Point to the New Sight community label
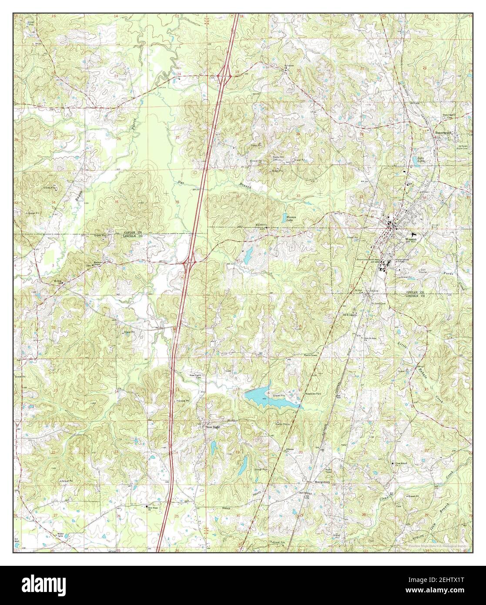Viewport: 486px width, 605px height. (x=213, y=427)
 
